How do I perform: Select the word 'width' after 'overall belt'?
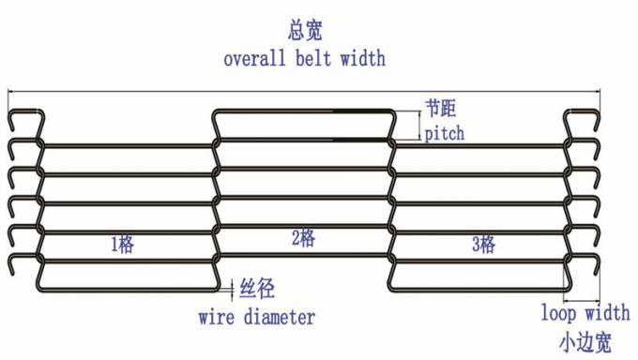(361, 58)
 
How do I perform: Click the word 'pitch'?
(444, 133)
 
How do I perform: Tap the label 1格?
(123, 246)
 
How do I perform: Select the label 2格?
(303, 239)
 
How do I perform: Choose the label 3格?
(482, 246)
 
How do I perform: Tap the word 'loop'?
(560, 312)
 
